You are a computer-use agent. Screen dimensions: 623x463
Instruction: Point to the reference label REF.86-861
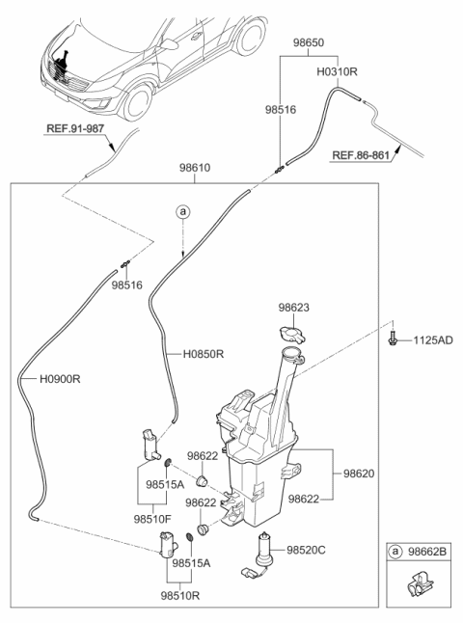(x=369, y=153)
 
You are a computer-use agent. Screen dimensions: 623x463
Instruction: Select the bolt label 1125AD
(x=432, y=340)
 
